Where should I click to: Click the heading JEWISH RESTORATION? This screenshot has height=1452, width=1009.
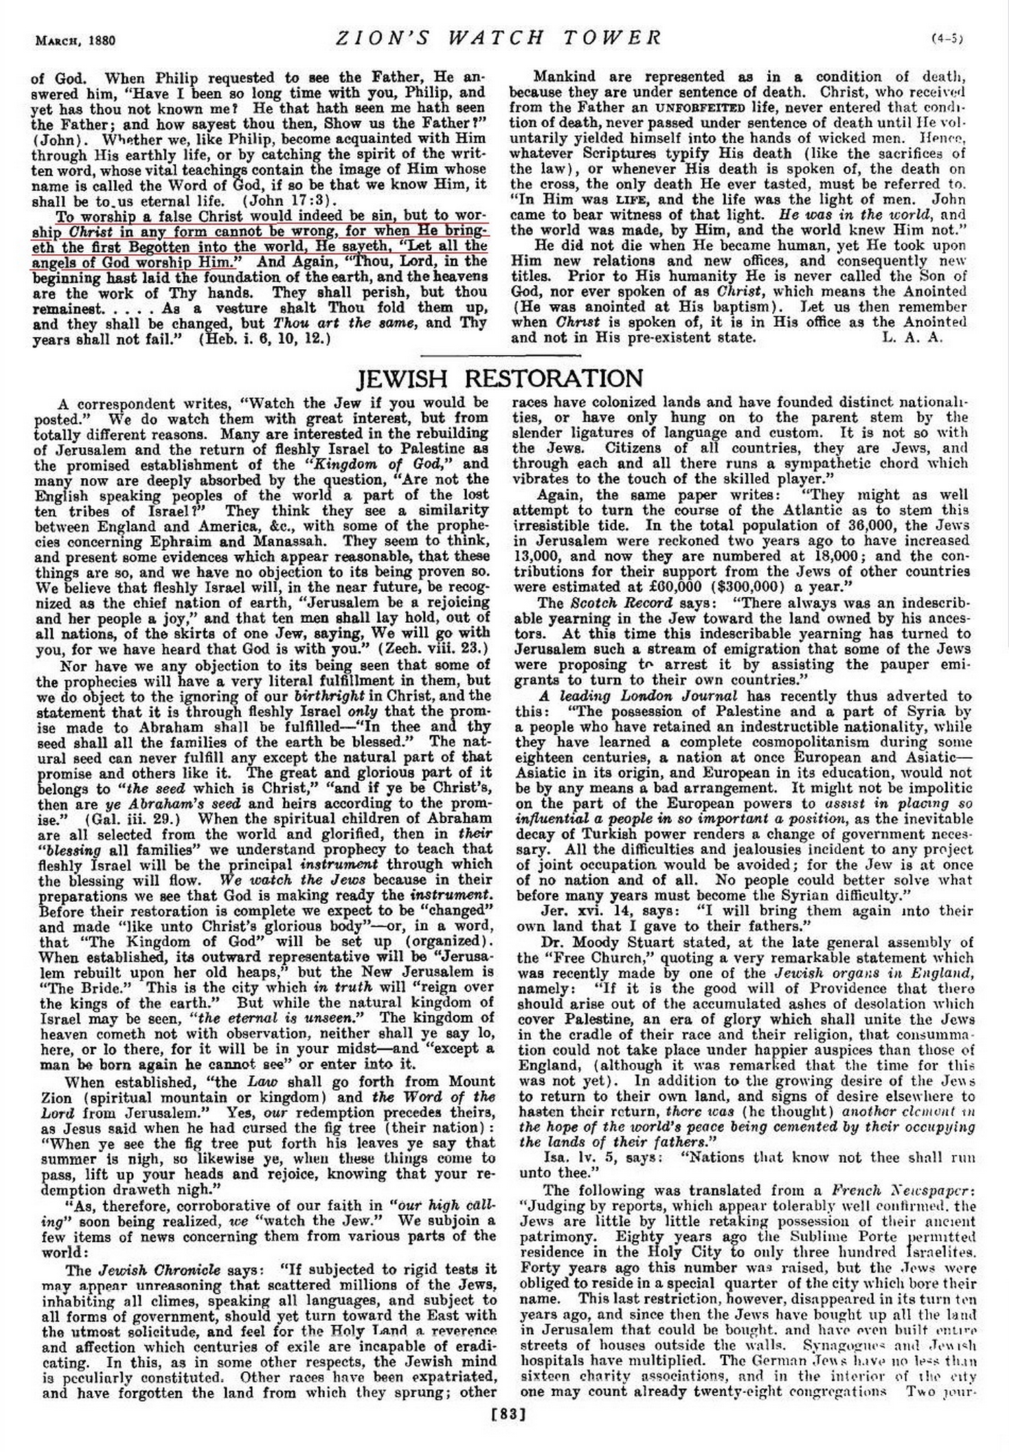point(499,379)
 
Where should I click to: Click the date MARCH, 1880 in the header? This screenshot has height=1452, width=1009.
point(75,40)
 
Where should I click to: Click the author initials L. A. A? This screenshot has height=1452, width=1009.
point(911,338)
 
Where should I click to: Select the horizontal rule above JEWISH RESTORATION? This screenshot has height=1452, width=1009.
point(500,355)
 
